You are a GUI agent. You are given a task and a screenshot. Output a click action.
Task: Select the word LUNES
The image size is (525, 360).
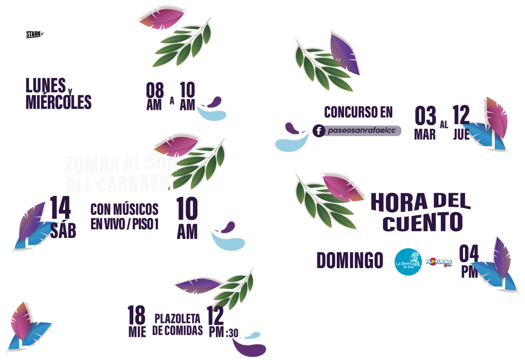pyautogui.click(x=46, y=85)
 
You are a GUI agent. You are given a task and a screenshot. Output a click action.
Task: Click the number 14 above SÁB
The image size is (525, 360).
pyautogui.click(x=60, y=209)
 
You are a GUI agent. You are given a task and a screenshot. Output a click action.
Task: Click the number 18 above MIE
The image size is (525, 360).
pyautogui.click(x=136, y=313)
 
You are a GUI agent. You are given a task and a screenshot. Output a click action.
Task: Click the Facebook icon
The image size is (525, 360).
pyautogui.click(x=318, y=131)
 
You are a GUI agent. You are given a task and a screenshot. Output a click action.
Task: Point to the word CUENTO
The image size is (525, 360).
pyautogui.click(x=423, y=223)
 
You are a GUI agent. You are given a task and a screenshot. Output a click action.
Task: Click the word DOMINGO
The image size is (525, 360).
pyautogui.click(x=349, y=261)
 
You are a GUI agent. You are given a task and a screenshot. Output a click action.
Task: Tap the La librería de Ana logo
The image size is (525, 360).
pyautogui.click(x=408, y=262)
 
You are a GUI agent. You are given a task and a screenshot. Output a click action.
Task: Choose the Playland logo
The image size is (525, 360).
pyautogui.click(x=439, y=263)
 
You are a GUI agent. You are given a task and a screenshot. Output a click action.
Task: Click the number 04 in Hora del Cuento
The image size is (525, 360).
pyautogui.click(x=469, y=253)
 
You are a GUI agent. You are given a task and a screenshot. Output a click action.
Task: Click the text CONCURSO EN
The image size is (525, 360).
pyautogui.click(x=358, y=112)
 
